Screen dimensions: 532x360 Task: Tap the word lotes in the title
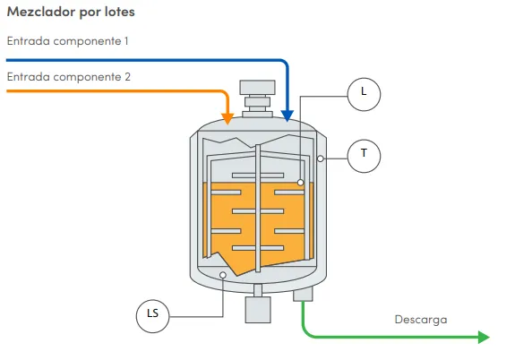click(119, 12)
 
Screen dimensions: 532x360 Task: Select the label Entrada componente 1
click(67, 41)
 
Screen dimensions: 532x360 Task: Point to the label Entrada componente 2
click(69, 77)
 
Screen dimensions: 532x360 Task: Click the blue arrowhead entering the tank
click(287, 116)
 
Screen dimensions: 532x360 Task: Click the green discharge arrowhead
click(484, 337)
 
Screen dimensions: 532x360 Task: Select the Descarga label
click(421, 320)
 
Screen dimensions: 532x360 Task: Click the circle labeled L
click(364, 94)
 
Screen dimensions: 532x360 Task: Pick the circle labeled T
click(364, 156)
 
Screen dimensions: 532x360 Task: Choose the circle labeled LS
click(152, 316)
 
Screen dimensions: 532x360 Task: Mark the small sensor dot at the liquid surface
click(300, 183)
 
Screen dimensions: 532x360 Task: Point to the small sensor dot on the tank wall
click(321, 159)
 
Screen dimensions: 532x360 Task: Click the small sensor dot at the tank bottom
click(223, 275)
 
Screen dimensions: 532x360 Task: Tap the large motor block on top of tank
click(258, 88)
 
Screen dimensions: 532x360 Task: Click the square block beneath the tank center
click(258, 310)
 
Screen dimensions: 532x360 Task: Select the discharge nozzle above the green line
click(303, 294)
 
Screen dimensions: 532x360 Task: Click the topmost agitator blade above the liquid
click(258, 176)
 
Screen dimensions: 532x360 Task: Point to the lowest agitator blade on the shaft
click(258, 248)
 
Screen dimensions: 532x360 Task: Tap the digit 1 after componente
click(126, 41)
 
